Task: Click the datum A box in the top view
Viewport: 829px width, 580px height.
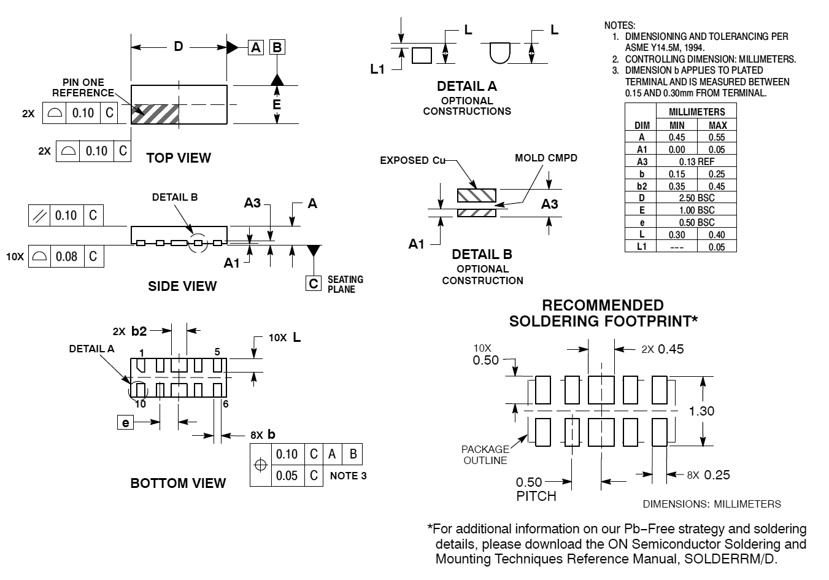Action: pyautogui.click(x=256, y=47)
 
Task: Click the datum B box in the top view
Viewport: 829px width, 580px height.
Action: pyautogui.click(x=277, y=47)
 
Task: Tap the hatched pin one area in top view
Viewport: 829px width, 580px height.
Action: pyautogui.click(x=155, y=114)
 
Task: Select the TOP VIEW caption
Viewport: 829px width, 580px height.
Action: pyautogui.click(x=179, y=158)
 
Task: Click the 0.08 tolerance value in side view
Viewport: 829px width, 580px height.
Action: pyautogui.click(x=67, y=256)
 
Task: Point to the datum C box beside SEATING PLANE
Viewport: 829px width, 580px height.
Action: pyautogui.click(x=314, y=284)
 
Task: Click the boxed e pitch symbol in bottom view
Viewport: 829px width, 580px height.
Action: pyautogui.click(x=125, y=422)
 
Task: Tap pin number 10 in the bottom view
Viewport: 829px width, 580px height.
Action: pyautogui.click(x=141, y=404)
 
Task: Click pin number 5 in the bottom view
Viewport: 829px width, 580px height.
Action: pyautogui.click(x=217, y=352)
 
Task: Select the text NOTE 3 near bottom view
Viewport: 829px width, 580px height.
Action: pyautogui.click(x=349, y=476)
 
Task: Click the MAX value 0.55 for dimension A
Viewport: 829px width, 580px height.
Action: pyautogui.click(x=717, y=137)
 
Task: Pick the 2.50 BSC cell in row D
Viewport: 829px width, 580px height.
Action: pyautogui.click(x=696, y=198)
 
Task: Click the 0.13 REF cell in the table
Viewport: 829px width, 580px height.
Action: pyautogui.click(x=696, y=162)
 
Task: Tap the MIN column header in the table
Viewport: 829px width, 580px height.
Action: pyautogui.click(x=677, y=125)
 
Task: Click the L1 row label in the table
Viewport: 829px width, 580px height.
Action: pyautogui.click(x=642, y=247)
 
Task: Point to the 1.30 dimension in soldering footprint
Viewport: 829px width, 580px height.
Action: pyautogui.click(x=702, y=411)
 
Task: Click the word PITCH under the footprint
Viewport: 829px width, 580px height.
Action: pyautogui.click(x=536, y=496)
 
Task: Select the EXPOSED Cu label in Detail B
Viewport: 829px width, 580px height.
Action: pyautogui.click(x=412, y=160)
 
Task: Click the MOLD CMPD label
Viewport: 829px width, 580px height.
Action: pyautogui.click(x=546, y=158)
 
